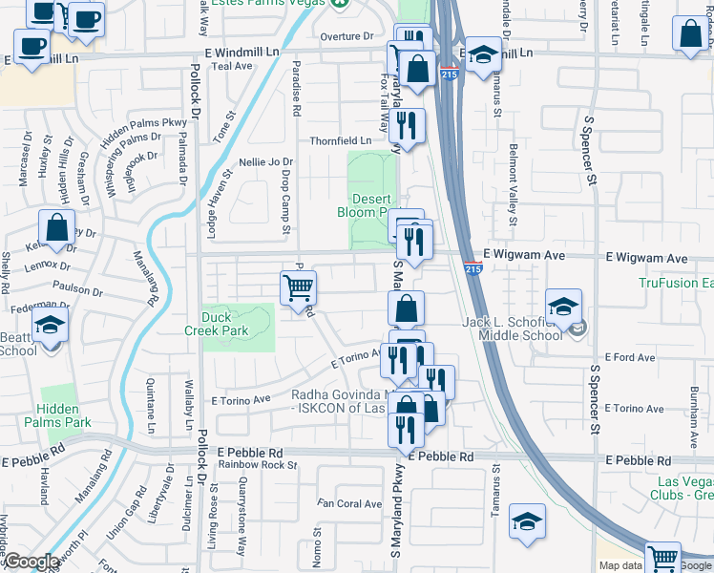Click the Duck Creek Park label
(216, 324)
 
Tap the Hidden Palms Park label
(64, 415)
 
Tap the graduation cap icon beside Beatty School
(51, 328)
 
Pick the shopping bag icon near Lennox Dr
(56, 229)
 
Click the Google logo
(31, 562)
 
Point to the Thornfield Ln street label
(340, 140)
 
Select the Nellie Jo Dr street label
(266, 162)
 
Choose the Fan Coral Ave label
(349, 503)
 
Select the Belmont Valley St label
(513, 184)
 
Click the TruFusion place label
(676, 284)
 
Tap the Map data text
(619, 565)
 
